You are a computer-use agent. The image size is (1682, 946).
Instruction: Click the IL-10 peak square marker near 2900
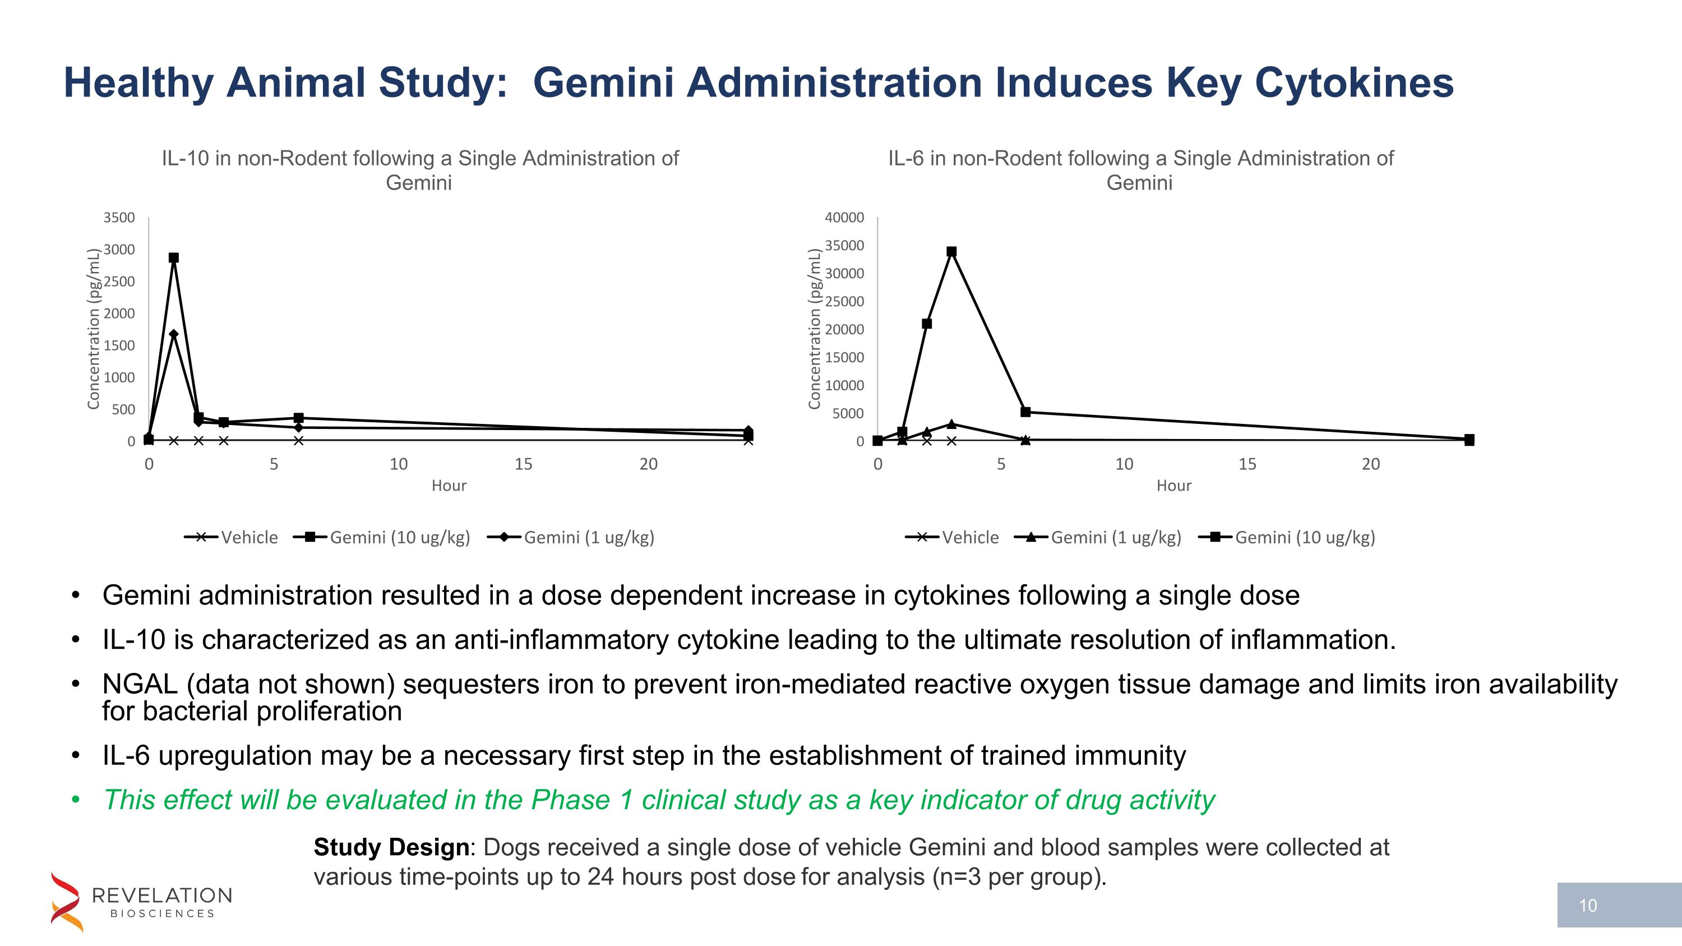[174, 258]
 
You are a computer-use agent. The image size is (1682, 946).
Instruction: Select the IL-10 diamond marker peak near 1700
[174, 334]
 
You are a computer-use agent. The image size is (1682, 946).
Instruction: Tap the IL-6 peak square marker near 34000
[951, 251]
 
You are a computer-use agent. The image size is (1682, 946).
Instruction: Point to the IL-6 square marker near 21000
[927, 324]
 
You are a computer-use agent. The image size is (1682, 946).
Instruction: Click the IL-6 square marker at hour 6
[1025, 412]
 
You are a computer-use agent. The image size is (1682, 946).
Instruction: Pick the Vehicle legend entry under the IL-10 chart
[232, 537]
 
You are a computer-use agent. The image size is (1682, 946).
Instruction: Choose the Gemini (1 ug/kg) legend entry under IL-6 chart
[1098, 537]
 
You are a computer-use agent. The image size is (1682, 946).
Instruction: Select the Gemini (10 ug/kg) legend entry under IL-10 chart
[382, 537]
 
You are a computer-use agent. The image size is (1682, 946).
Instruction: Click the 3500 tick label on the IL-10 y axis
[119, 218]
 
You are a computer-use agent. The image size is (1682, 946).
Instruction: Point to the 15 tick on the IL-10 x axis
[523, 464]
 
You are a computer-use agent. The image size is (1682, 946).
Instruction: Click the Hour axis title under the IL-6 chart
[1173, 486]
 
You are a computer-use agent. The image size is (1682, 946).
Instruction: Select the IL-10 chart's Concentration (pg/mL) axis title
[94, 329]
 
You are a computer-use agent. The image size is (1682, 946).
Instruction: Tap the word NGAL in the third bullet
[140, 684]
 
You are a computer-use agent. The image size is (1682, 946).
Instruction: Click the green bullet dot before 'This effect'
[76, 800]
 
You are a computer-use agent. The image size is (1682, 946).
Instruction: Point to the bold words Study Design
[391, 847]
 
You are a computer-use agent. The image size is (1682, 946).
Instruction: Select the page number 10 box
[1618, 906]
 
